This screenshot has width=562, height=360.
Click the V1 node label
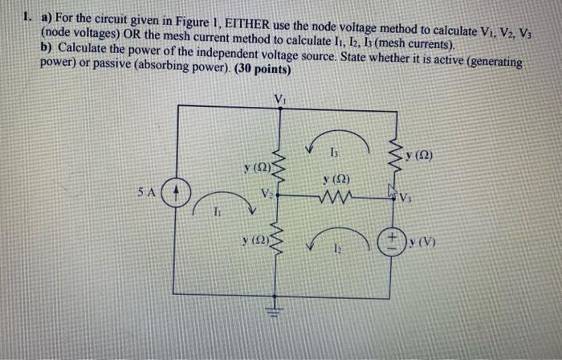pos(279,100)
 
